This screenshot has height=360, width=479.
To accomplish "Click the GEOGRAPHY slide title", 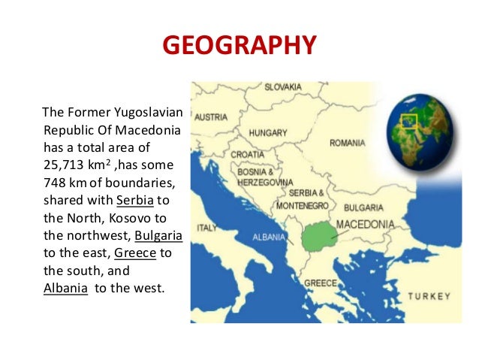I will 239,44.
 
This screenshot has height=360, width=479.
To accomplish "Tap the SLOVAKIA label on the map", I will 283,87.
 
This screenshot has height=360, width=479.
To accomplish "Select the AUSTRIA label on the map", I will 211,117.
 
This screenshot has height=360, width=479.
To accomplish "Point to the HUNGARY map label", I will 268,133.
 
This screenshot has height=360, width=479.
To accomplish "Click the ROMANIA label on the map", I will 347,143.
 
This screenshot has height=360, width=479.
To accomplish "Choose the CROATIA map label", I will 247,154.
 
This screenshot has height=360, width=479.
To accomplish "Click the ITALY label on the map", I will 206,228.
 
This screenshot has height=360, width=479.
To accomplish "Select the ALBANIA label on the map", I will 267,237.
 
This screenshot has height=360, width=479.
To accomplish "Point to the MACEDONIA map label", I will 365,224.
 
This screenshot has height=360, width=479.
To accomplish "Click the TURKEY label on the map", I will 429,296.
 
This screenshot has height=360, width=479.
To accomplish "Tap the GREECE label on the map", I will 320,283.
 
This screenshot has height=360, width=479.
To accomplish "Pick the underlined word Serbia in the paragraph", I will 134,201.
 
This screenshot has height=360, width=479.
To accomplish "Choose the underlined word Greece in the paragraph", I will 135,253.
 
